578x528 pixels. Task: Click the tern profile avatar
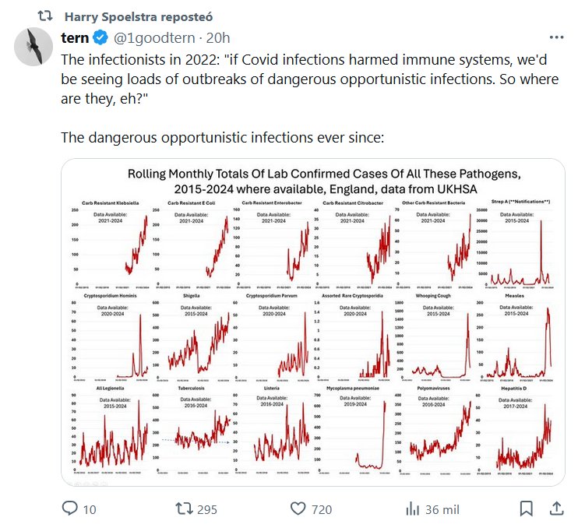34,48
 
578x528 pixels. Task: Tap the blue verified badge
101,37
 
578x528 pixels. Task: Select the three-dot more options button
556,37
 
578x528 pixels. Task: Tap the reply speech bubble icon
69,509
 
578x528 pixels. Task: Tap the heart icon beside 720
297,509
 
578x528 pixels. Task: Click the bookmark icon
527,509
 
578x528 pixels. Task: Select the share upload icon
556,509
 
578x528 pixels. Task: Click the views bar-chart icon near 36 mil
412,509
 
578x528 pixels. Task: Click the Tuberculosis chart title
192,386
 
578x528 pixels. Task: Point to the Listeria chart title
270,386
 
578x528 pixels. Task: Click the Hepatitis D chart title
510,386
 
